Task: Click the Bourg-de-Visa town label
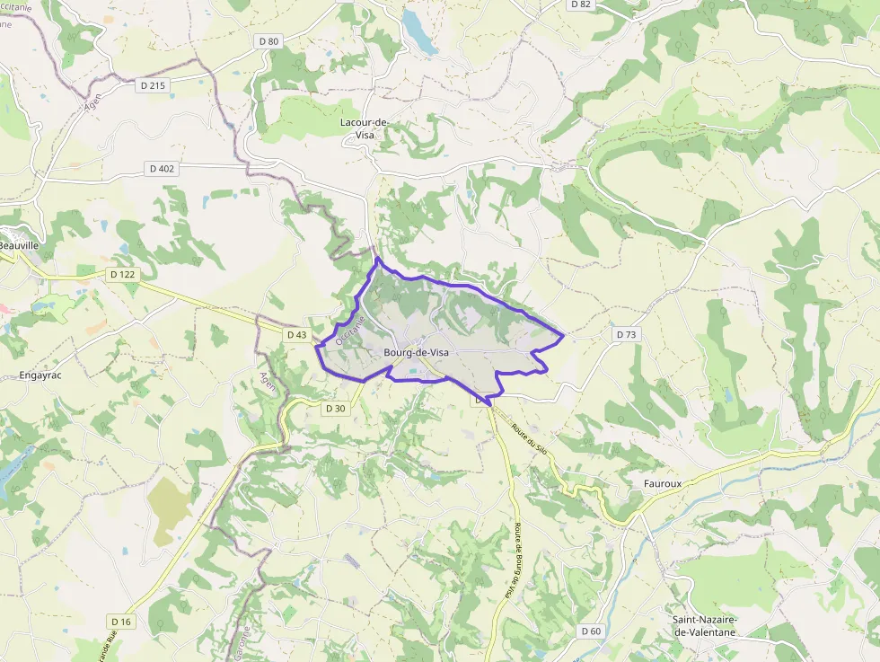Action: (416, 353)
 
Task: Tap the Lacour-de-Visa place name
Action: (364, 128)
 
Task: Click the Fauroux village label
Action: (663, 483)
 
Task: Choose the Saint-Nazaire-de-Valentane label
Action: (704, 626)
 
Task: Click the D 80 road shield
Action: (268, 40)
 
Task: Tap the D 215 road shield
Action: (154, 85)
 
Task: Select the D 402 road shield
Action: (162, 169)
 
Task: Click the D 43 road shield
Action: (297, 335)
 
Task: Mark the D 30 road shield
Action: (335, 408)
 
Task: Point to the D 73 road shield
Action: (626, 334)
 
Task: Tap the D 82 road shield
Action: (580, 4)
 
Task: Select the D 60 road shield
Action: (591, 631)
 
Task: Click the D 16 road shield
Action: (121, 622)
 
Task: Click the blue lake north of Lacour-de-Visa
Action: (418, 32)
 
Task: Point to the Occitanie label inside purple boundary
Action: (350, 330)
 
